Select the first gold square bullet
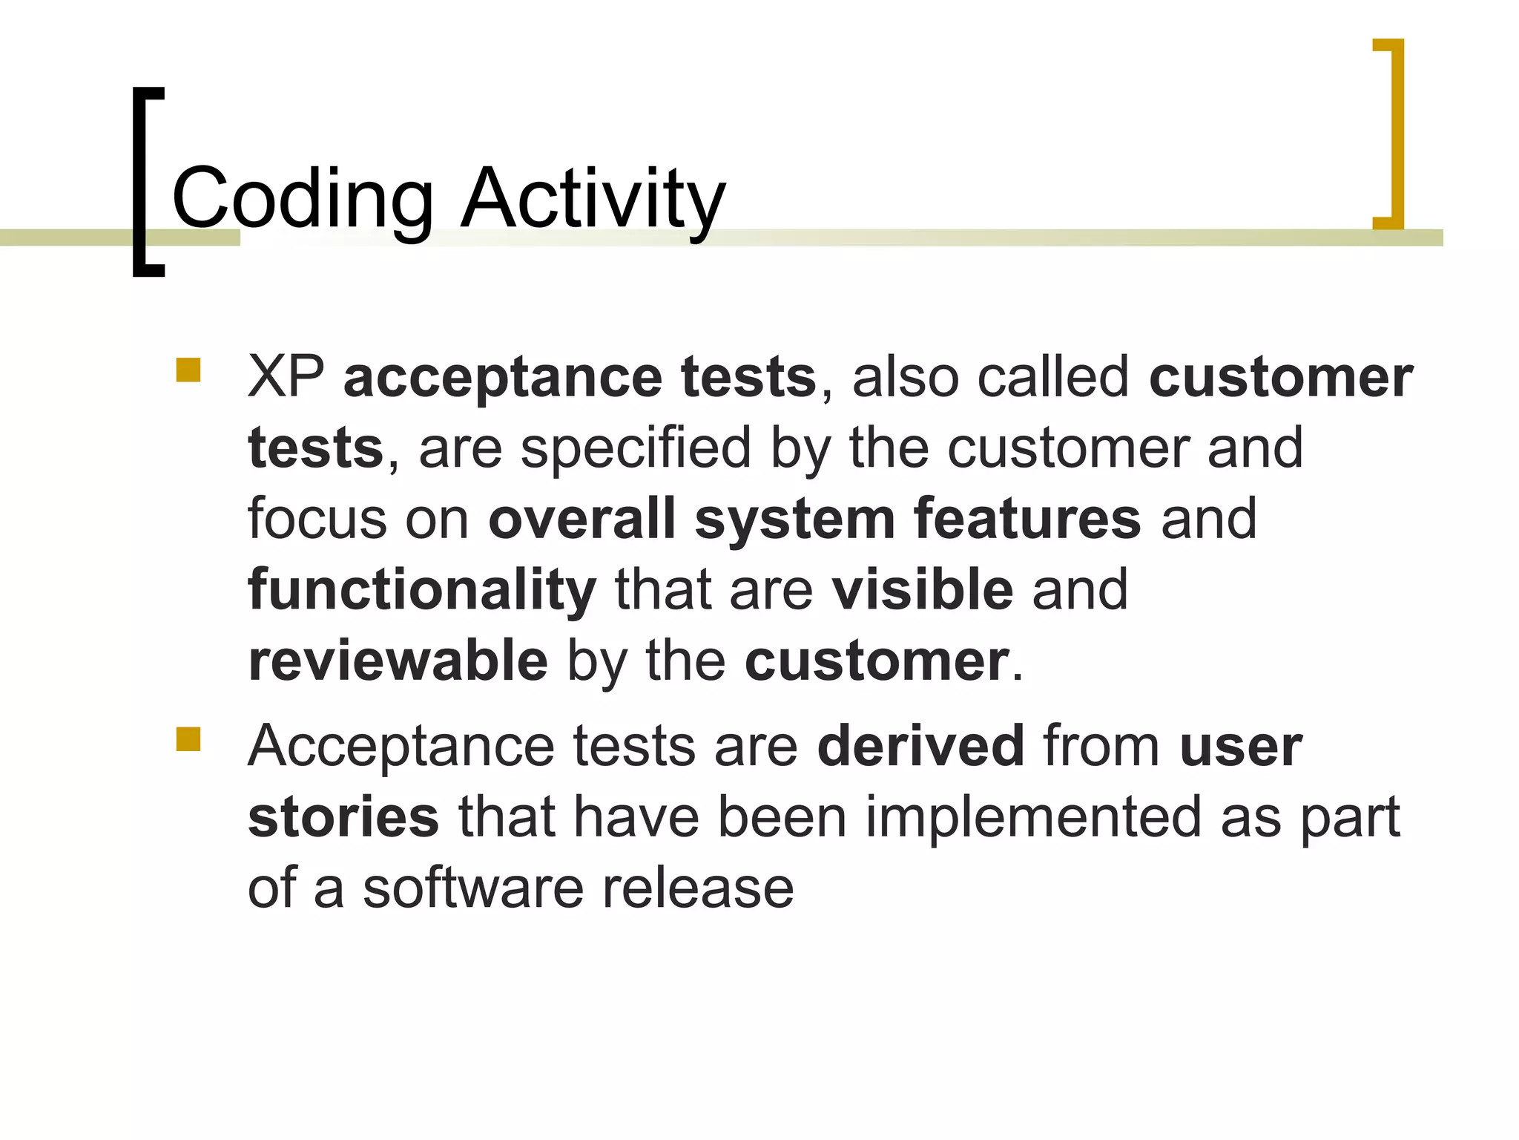188,370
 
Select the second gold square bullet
188,739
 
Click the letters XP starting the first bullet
286,377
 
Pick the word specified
636,449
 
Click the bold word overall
581,519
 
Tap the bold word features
1027,519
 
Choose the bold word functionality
421,591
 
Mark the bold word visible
922,590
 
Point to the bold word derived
920,746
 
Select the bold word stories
343,817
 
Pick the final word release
698,888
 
